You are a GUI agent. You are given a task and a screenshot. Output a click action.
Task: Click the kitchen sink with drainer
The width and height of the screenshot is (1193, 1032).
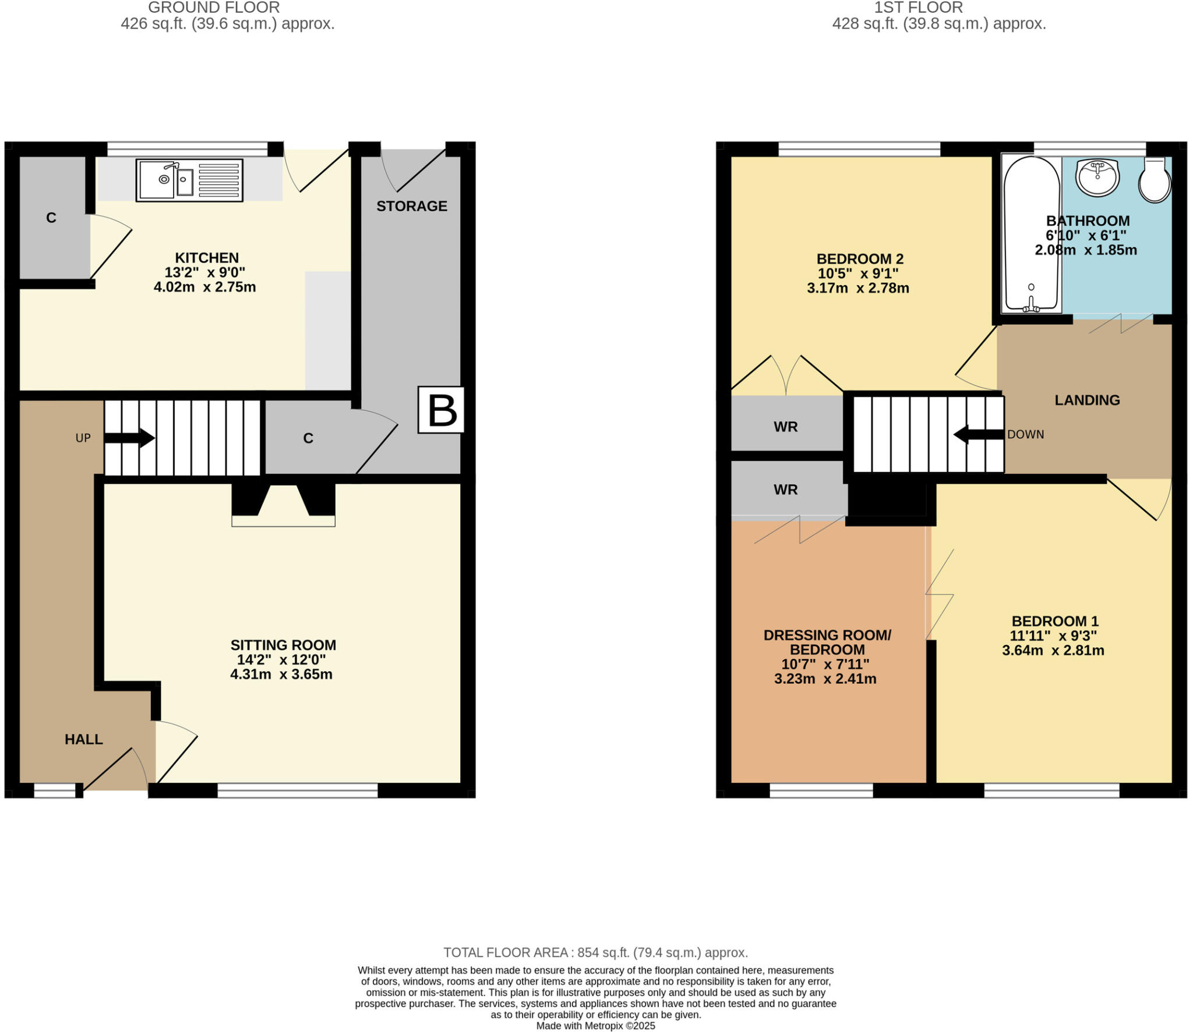point(189,180)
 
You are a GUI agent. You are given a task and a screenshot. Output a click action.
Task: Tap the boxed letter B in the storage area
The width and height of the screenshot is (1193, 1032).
point(442,410)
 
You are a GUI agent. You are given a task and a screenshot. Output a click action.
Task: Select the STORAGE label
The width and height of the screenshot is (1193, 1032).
point(411,206)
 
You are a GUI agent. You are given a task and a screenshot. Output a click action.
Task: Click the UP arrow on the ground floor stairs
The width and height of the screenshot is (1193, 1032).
point(129,438)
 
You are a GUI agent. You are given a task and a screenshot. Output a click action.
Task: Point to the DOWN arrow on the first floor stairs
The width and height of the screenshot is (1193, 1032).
point(979,434)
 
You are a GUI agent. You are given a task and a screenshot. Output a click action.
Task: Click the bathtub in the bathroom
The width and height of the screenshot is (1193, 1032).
point(1031,233)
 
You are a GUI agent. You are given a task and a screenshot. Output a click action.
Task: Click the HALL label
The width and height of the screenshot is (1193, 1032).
point(83,739)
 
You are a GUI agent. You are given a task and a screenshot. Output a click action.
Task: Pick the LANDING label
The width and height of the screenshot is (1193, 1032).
point(1087,400)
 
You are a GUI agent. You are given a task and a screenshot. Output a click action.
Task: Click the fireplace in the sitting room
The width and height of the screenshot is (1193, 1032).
point(283,505)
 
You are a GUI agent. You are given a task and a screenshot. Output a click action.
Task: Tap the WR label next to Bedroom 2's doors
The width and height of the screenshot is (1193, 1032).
point(785,427)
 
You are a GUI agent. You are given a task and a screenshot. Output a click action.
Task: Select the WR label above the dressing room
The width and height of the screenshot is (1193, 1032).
point(785,490)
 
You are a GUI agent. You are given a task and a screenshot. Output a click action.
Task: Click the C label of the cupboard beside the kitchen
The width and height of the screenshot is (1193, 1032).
point(51,218)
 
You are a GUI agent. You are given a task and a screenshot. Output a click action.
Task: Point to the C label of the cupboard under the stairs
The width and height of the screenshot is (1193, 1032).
point(308,438)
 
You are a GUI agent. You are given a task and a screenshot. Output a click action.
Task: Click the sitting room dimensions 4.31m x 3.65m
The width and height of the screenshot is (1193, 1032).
point(281,674)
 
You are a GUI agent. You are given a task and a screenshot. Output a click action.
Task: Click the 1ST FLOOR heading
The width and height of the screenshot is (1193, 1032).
point(918,8)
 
